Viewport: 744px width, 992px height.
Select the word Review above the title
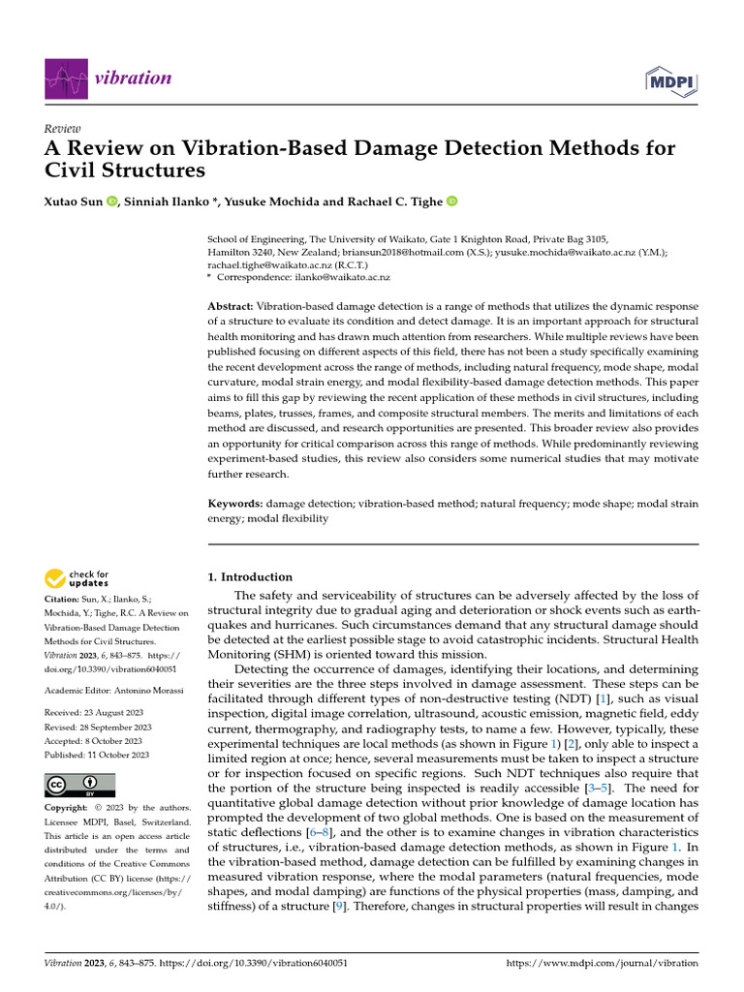63,129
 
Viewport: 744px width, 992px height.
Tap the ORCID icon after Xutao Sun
111,202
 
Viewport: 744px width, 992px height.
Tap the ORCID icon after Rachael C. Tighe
450,202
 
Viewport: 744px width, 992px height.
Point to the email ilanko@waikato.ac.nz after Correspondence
341,277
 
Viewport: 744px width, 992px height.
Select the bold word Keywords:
235,504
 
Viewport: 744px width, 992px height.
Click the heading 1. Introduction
251,576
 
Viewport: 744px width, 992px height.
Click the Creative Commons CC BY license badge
80,785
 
